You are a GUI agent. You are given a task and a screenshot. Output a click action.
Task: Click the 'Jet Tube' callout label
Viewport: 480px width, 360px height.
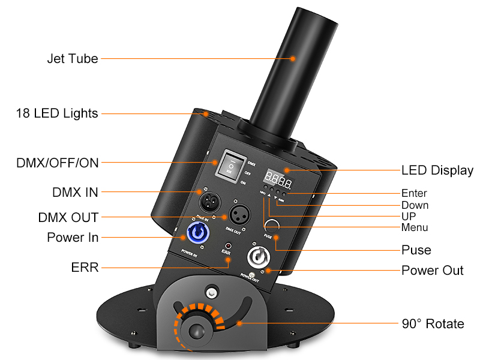pos(72,59)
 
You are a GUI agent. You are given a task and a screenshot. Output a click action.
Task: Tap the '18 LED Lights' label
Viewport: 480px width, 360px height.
pos(57,113)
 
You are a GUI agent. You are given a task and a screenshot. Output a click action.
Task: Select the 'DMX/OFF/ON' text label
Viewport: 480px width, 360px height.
pos(58,162)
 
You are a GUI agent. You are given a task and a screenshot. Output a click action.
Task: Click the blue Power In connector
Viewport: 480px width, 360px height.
pos(199,234)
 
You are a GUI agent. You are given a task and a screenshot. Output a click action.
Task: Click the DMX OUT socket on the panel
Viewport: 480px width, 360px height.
pos(235,215)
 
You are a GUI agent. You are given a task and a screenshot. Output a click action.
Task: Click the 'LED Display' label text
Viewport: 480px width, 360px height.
pos(437,170)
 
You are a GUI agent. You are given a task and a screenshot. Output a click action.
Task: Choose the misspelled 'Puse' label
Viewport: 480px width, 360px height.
pos(416,250)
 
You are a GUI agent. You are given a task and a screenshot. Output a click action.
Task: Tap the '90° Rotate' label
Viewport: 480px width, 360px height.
pos(432,324)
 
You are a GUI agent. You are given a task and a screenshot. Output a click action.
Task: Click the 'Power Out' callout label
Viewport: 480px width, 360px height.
pos(432,271)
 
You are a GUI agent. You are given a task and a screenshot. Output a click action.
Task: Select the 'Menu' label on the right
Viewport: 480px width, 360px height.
pos(415,227)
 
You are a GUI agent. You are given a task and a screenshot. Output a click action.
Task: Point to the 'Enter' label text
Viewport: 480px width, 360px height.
pos(414,193)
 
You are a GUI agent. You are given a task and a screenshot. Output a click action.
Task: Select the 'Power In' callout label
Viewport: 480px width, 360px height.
pos(73,238)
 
